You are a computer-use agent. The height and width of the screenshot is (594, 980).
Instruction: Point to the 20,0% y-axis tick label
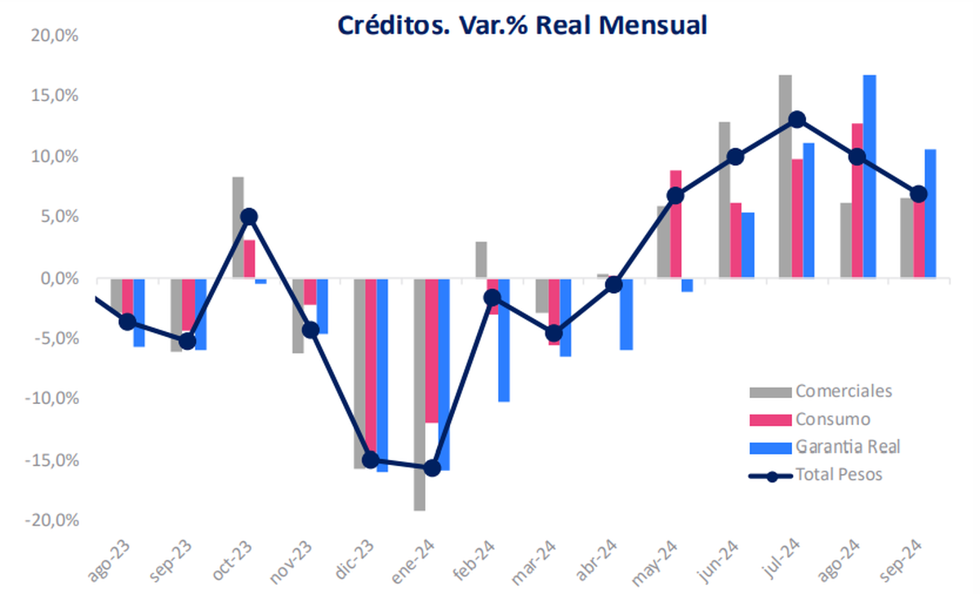pos(54,35)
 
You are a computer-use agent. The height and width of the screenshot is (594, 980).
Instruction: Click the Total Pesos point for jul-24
pos(796,120)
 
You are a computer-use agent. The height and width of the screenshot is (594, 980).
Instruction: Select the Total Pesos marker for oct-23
pos(248,217)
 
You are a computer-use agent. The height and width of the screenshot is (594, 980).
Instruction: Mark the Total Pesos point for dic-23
pos(371,460)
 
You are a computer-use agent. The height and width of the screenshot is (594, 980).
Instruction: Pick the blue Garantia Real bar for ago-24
pos(870,176)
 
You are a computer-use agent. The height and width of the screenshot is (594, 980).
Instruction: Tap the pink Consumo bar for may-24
pos(675,224)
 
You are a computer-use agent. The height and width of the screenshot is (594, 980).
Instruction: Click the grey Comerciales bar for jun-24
pos(724,200)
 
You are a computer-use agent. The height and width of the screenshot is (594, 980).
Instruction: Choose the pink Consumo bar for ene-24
pos(432,351)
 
